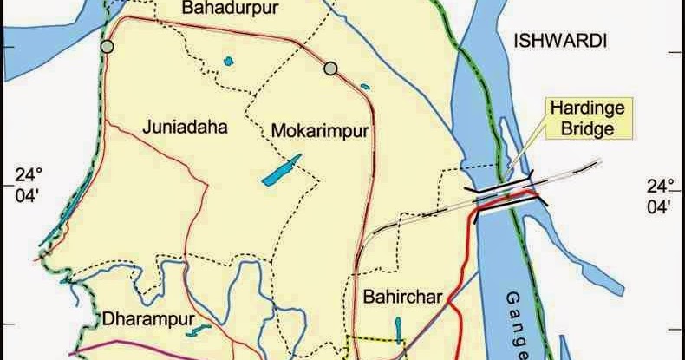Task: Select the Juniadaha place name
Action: point(185,128)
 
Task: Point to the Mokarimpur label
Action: point(321,131)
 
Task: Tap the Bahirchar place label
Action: point(403,295)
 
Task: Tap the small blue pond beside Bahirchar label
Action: point(398,329)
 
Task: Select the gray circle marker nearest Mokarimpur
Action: point(329,68)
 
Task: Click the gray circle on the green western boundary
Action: point(107,45)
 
